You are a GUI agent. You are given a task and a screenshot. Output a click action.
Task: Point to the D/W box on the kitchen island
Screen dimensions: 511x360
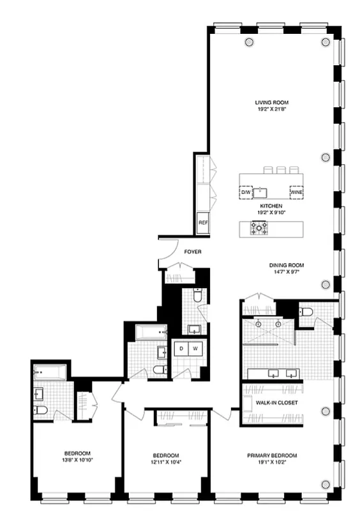(x=246, y=191)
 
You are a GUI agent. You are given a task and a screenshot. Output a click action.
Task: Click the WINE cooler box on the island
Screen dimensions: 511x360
(x=297, y=191)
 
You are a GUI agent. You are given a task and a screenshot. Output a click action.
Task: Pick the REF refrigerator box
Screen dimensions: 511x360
(x=203, y=223)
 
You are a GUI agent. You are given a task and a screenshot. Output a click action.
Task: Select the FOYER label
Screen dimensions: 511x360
(x=193, y=252)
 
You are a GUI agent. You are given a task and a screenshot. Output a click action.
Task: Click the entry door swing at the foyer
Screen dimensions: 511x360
(x=167, y=250)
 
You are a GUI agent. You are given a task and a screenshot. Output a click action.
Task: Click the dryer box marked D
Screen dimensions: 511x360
(x=182, y=348)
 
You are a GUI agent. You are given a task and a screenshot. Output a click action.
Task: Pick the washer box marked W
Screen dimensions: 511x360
(x=197, y=348)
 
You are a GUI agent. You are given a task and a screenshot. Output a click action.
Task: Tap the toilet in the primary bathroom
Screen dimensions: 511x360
(x=306, y=312)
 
